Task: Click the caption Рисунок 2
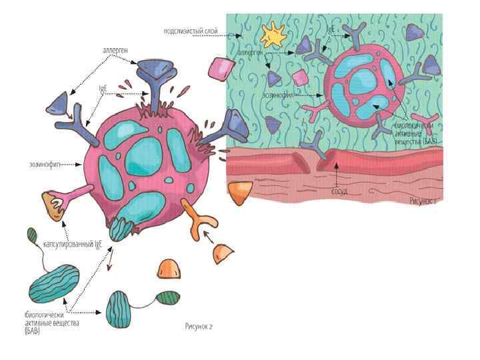point(198,326)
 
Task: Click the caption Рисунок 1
point(423,199)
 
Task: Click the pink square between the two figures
point(220,68)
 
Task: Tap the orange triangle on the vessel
point(238,192)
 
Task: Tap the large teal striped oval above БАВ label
point(54,283)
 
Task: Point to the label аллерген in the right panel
point(250,51)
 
